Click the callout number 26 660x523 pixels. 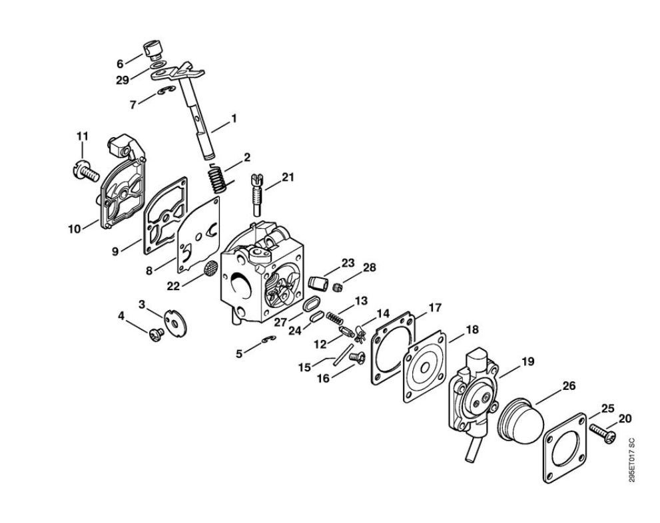[569, 386]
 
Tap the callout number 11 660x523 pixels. [83, 136]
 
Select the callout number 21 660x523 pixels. [288, 178]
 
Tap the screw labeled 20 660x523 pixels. [603, 432]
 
